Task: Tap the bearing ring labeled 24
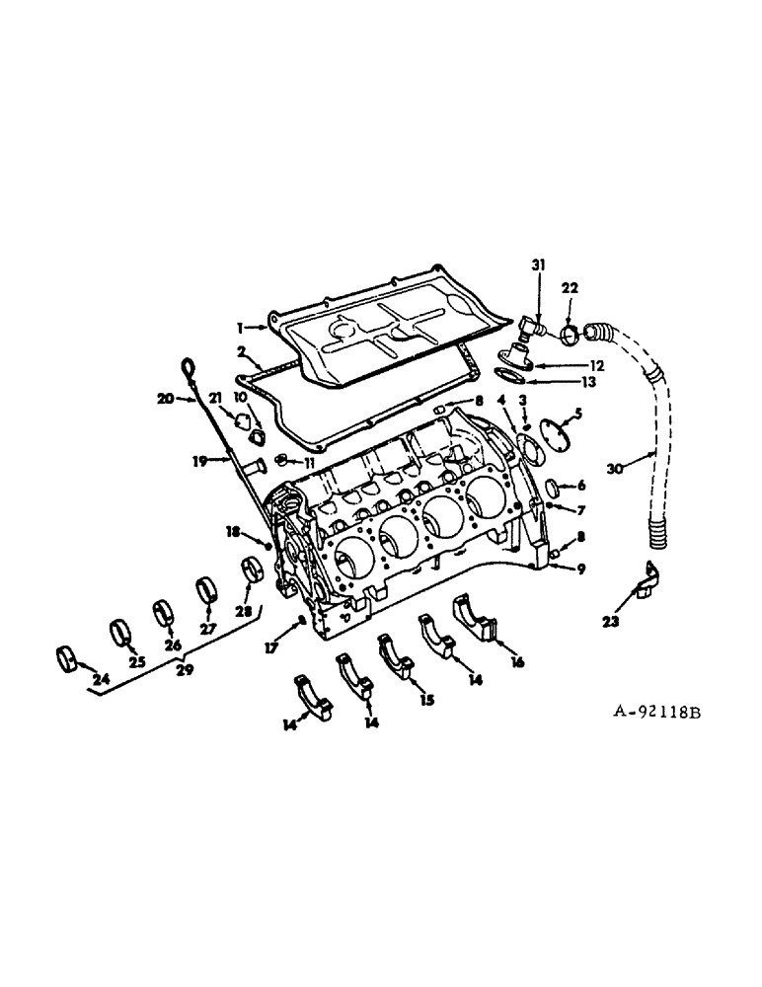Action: pyautogui.click(x=67, y=657)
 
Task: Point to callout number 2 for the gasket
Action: pyautogui.click(x=241, y=351)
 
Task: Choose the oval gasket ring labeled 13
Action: pyautogui.click(x=508, y=376)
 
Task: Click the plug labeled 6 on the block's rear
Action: pyautogui.click(x=555, y=486)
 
